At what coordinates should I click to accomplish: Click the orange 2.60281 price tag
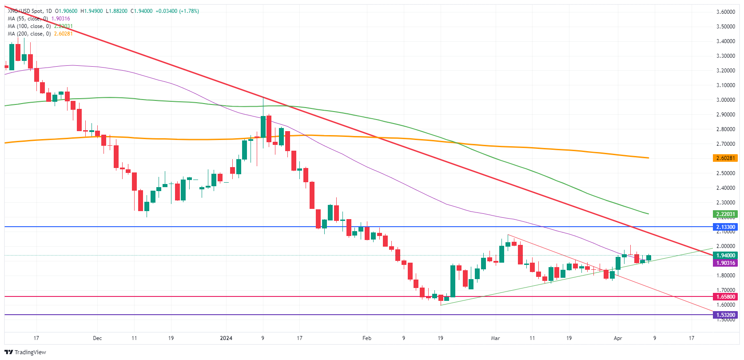[725, 158]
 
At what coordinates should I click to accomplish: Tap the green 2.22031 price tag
[725, 214]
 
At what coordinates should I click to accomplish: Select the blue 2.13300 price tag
[725, 227]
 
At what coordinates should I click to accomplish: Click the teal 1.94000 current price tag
[725, 256]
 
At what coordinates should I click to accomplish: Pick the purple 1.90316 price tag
[725, 263]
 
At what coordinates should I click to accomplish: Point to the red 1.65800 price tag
[725, 297]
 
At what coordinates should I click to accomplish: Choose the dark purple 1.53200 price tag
[725, 315]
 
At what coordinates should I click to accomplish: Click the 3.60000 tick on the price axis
[725, 12]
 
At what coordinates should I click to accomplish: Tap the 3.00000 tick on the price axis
[725, 100]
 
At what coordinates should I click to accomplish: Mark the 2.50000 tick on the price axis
[725, 173]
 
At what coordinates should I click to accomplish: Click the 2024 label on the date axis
[226, 338]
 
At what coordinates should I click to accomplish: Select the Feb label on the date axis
[366, 338]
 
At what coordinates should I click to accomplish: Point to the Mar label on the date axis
[495, 338]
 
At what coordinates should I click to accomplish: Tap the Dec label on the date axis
[97, 338]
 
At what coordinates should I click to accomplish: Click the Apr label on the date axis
[617, 338]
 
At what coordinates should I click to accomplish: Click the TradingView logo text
[30, 352]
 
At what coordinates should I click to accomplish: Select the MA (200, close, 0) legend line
[29, 34]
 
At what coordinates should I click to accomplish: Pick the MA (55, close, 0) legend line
[28, 19]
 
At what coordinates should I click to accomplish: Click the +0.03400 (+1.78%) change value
[177, 11]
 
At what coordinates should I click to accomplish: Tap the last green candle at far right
[649, 258]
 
